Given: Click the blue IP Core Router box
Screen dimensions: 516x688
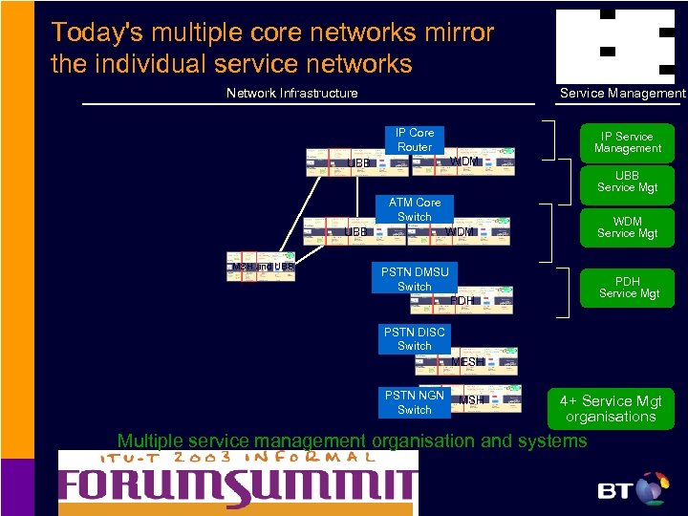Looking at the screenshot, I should click(415, 140).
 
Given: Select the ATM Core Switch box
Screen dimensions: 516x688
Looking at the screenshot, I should click(415, 209).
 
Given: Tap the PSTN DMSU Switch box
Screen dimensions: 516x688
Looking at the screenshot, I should click(414, 279).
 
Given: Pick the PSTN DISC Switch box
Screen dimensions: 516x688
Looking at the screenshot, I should click(414, 339).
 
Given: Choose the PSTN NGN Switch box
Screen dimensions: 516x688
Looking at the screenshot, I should click(414, 402).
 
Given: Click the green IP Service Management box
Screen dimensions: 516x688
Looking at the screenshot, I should click(627, 142).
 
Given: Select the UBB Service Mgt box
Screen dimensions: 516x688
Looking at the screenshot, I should click(627, 182).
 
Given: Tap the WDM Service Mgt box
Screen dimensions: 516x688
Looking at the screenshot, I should click(627, 227).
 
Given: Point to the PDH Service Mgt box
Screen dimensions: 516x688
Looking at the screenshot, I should click(627, 288).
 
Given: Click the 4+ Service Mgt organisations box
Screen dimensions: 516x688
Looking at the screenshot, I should click(610, 409).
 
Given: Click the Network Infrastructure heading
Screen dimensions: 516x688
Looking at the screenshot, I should click(291, 93).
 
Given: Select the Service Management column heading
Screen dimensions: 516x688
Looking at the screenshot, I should click(622, 93).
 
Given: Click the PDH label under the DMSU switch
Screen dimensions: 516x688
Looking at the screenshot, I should click(462, 301).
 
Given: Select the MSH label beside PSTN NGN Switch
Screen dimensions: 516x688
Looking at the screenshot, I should click(471, 399).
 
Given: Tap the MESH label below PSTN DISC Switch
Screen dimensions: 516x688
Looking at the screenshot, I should click(464, 362).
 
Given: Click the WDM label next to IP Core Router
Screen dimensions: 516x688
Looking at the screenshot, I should click(464, 161).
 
